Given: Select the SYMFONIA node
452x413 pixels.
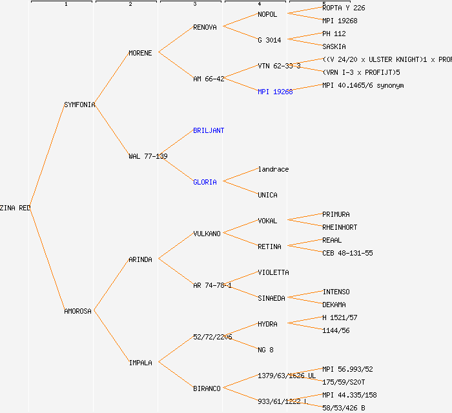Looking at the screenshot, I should (79, 105).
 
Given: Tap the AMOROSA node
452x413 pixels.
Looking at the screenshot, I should (77, 311).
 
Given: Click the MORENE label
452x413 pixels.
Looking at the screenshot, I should (140, 53).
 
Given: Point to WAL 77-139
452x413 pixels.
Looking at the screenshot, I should (148, 156).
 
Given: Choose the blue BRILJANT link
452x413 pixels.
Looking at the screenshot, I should (209, 130).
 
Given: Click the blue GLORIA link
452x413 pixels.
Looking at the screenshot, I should (205, 182).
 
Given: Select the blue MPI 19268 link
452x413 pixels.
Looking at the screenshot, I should (275, 92).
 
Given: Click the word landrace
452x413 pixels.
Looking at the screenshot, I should (273, 169).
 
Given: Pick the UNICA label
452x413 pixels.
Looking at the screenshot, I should (267, 195).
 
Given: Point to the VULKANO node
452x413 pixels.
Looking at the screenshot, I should (207, 234).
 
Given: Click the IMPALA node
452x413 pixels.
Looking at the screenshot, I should (140, 363).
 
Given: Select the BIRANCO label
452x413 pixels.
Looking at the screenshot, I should (207, 388).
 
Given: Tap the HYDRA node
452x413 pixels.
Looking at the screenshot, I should (267, 324).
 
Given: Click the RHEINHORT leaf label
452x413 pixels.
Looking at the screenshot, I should (340, 227).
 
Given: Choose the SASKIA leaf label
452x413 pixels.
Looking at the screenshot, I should (334, 46).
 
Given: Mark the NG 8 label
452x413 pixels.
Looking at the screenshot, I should (265, 350).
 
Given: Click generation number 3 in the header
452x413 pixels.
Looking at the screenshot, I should (194, 5).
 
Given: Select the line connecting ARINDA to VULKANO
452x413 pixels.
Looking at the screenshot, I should (175, 247).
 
